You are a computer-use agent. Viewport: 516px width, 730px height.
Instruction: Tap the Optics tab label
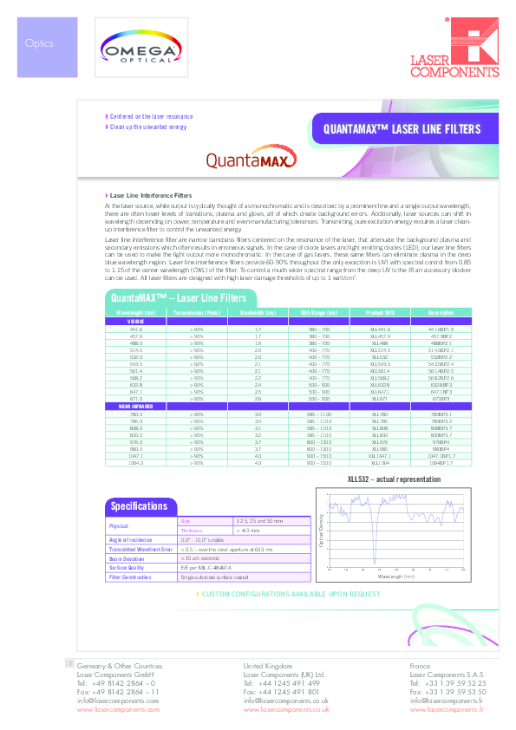click(39, 42)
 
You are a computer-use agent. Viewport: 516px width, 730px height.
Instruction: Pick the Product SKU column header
click(380, 311)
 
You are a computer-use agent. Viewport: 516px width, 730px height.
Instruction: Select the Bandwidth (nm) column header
click(258, 311)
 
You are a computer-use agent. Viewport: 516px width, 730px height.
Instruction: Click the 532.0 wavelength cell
click(135, 356)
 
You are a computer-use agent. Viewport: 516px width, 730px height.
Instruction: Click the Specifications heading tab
click(139, 482)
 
